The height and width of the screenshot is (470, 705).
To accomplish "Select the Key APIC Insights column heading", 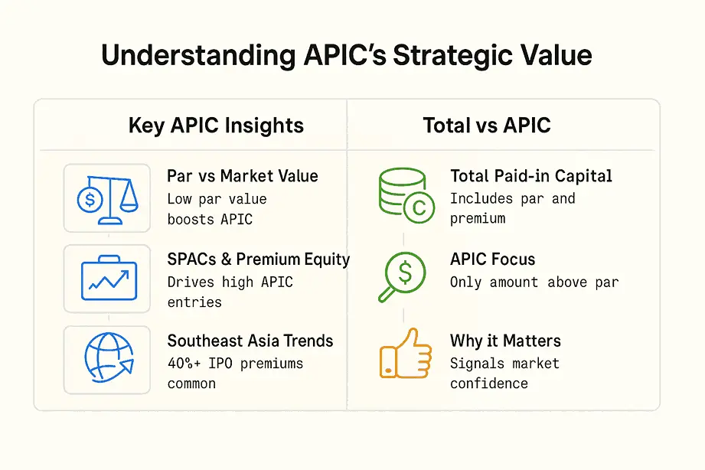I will [x=216, y=126].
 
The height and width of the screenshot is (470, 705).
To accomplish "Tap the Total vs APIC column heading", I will [x=486, y=126].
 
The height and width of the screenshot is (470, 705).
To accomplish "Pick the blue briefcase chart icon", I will [x=107, y=279].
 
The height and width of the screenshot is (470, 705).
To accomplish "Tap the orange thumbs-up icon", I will [x=404, y=354].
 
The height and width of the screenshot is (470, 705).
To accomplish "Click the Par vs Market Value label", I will [x=242, y=176].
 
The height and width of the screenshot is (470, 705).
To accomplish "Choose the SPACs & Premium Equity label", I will [x=258, y=259].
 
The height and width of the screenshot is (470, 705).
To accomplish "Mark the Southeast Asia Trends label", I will [x=250, y=341].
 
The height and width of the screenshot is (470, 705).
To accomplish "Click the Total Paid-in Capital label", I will [x=530, y=176].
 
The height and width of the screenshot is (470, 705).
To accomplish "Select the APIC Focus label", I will [x=492, y=259].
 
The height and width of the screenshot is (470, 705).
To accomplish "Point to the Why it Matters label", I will [x=505, y=341].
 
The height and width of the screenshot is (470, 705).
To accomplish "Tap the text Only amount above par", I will [x=534, y=282].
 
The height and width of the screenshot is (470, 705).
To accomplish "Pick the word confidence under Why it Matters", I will [x=488, y=383].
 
